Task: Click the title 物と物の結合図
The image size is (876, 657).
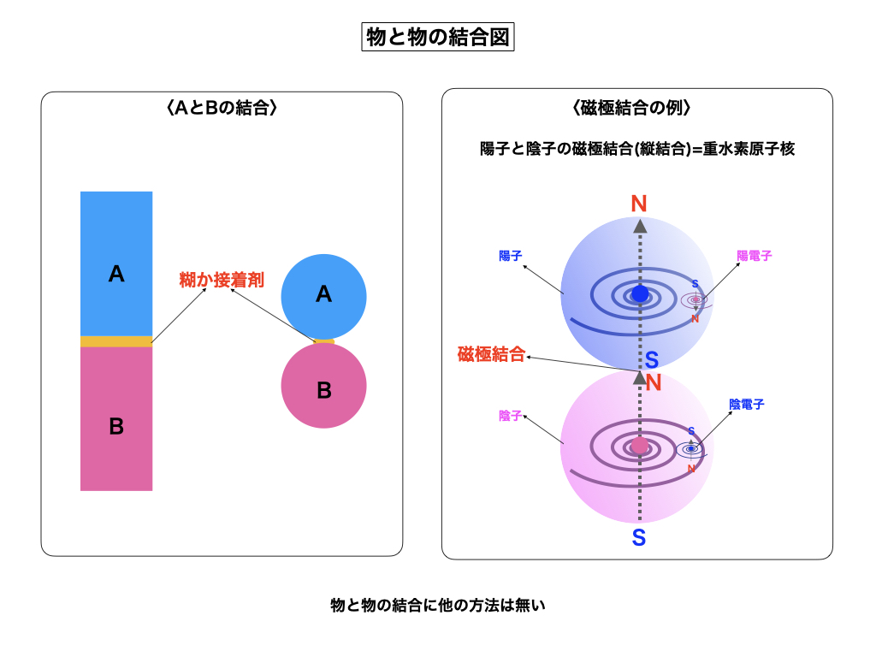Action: point(438,37)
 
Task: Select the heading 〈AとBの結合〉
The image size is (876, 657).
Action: point(221,108)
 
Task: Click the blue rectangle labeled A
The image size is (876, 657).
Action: point(116,263)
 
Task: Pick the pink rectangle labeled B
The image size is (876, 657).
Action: point(116,419)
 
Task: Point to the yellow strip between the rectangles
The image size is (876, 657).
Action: point(116,341)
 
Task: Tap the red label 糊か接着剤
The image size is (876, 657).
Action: point(222,280)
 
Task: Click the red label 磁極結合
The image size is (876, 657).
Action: point(491,355)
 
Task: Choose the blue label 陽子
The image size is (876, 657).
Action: point(511,256)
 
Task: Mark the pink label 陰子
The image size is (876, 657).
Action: point(511,416)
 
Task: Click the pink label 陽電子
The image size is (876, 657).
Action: point(755,256)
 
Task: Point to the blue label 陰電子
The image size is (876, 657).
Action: point(747,404)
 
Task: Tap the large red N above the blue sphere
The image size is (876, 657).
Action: point(639,204)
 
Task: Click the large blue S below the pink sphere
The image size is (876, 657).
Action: point(639,538)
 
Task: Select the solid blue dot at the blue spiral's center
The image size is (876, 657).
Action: point(640,294)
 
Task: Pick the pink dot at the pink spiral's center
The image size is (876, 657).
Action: point(640,446)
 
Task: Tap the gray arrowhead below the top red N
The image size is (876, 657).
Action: point(639,226)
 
